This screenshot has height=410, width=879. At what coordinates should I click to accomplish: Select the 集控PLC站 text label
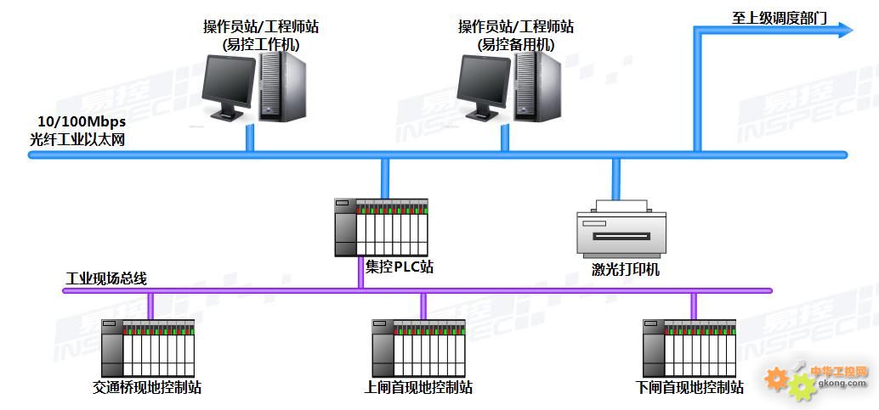point(399,267)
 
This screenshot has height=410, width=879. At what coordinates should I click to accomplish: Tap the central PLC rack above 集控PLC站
point(381,227)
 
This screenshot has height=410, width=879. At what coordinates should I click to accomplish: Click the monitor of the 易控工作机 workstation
point(229,84)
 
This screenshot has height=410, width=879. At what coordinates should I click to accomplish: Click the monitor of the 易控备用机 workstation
point(485,84)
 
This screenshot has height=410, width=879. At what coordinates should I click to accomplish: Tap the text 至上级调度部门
point(779,17)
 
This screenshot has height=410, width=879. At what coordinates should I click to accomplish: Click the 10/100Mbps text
point(82,122)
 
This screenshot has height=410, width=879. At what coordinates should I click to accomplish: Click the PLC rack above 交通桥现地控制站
point(148,347)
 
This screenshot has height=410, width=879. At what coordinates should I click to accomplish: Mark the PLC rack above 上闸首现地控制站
point(418,347)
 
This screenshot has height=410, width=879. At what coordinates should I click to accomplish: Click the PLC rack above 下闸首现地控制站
point(689,347)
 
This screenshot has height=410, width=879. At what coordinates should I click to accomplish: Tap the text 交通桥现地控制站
point(147,388)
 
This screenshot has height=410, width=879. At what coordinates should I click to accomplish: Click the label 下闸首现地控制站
point(689,388)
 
